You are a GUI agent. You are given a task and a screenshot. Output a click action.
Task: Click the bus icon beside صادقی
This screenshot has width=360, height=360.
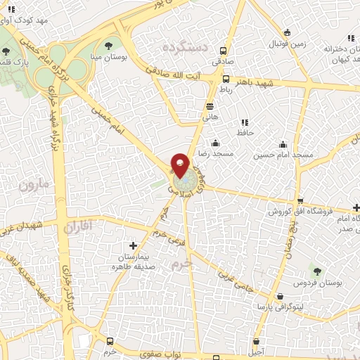pyautogui.click(x=224, y=51)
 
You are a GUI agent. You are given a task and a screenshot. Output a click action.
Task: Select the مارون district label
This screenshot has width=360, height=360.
pyautogui.click(x=34, y=186)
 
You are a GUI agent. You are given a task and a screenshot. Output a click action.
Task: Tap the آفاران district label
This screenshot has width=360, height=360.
pyautogui.click(x=77, y=227)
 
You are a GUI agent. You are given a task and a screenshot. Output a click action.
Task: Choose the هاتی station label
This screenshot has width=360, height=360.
pyautogui.click(x=210, y=117)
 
